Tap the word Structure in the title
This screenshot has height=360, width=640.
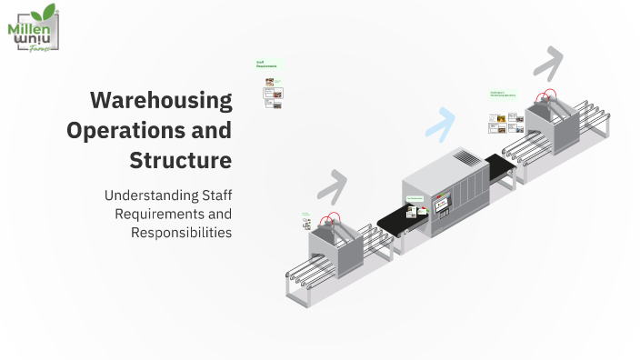[x=180, y=161]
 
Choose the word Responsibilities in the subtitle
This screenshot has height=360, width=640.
[x=181, y=232]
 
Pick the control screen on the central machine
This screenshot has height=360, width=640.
[x=444, y=205]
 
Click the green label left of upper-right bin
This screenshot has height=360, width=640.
[x=502, y=94]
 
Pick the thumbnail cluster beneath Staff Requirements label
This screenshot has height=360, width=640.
[x=273, y=92]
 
